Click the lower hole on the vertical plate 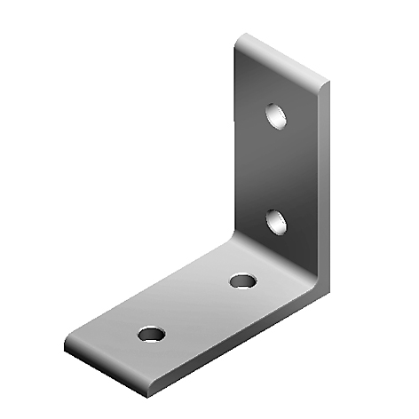coord(277,221)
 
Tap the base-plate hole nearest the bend coord(241,281)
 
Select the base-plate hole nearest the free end coord(151,334)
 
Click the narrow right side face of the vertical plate coord(323,186)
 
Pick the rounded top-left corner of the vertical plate coord(241,40)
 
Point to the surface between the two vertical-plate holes coord(277,169)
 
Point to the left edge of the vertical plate coord(235,151)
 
